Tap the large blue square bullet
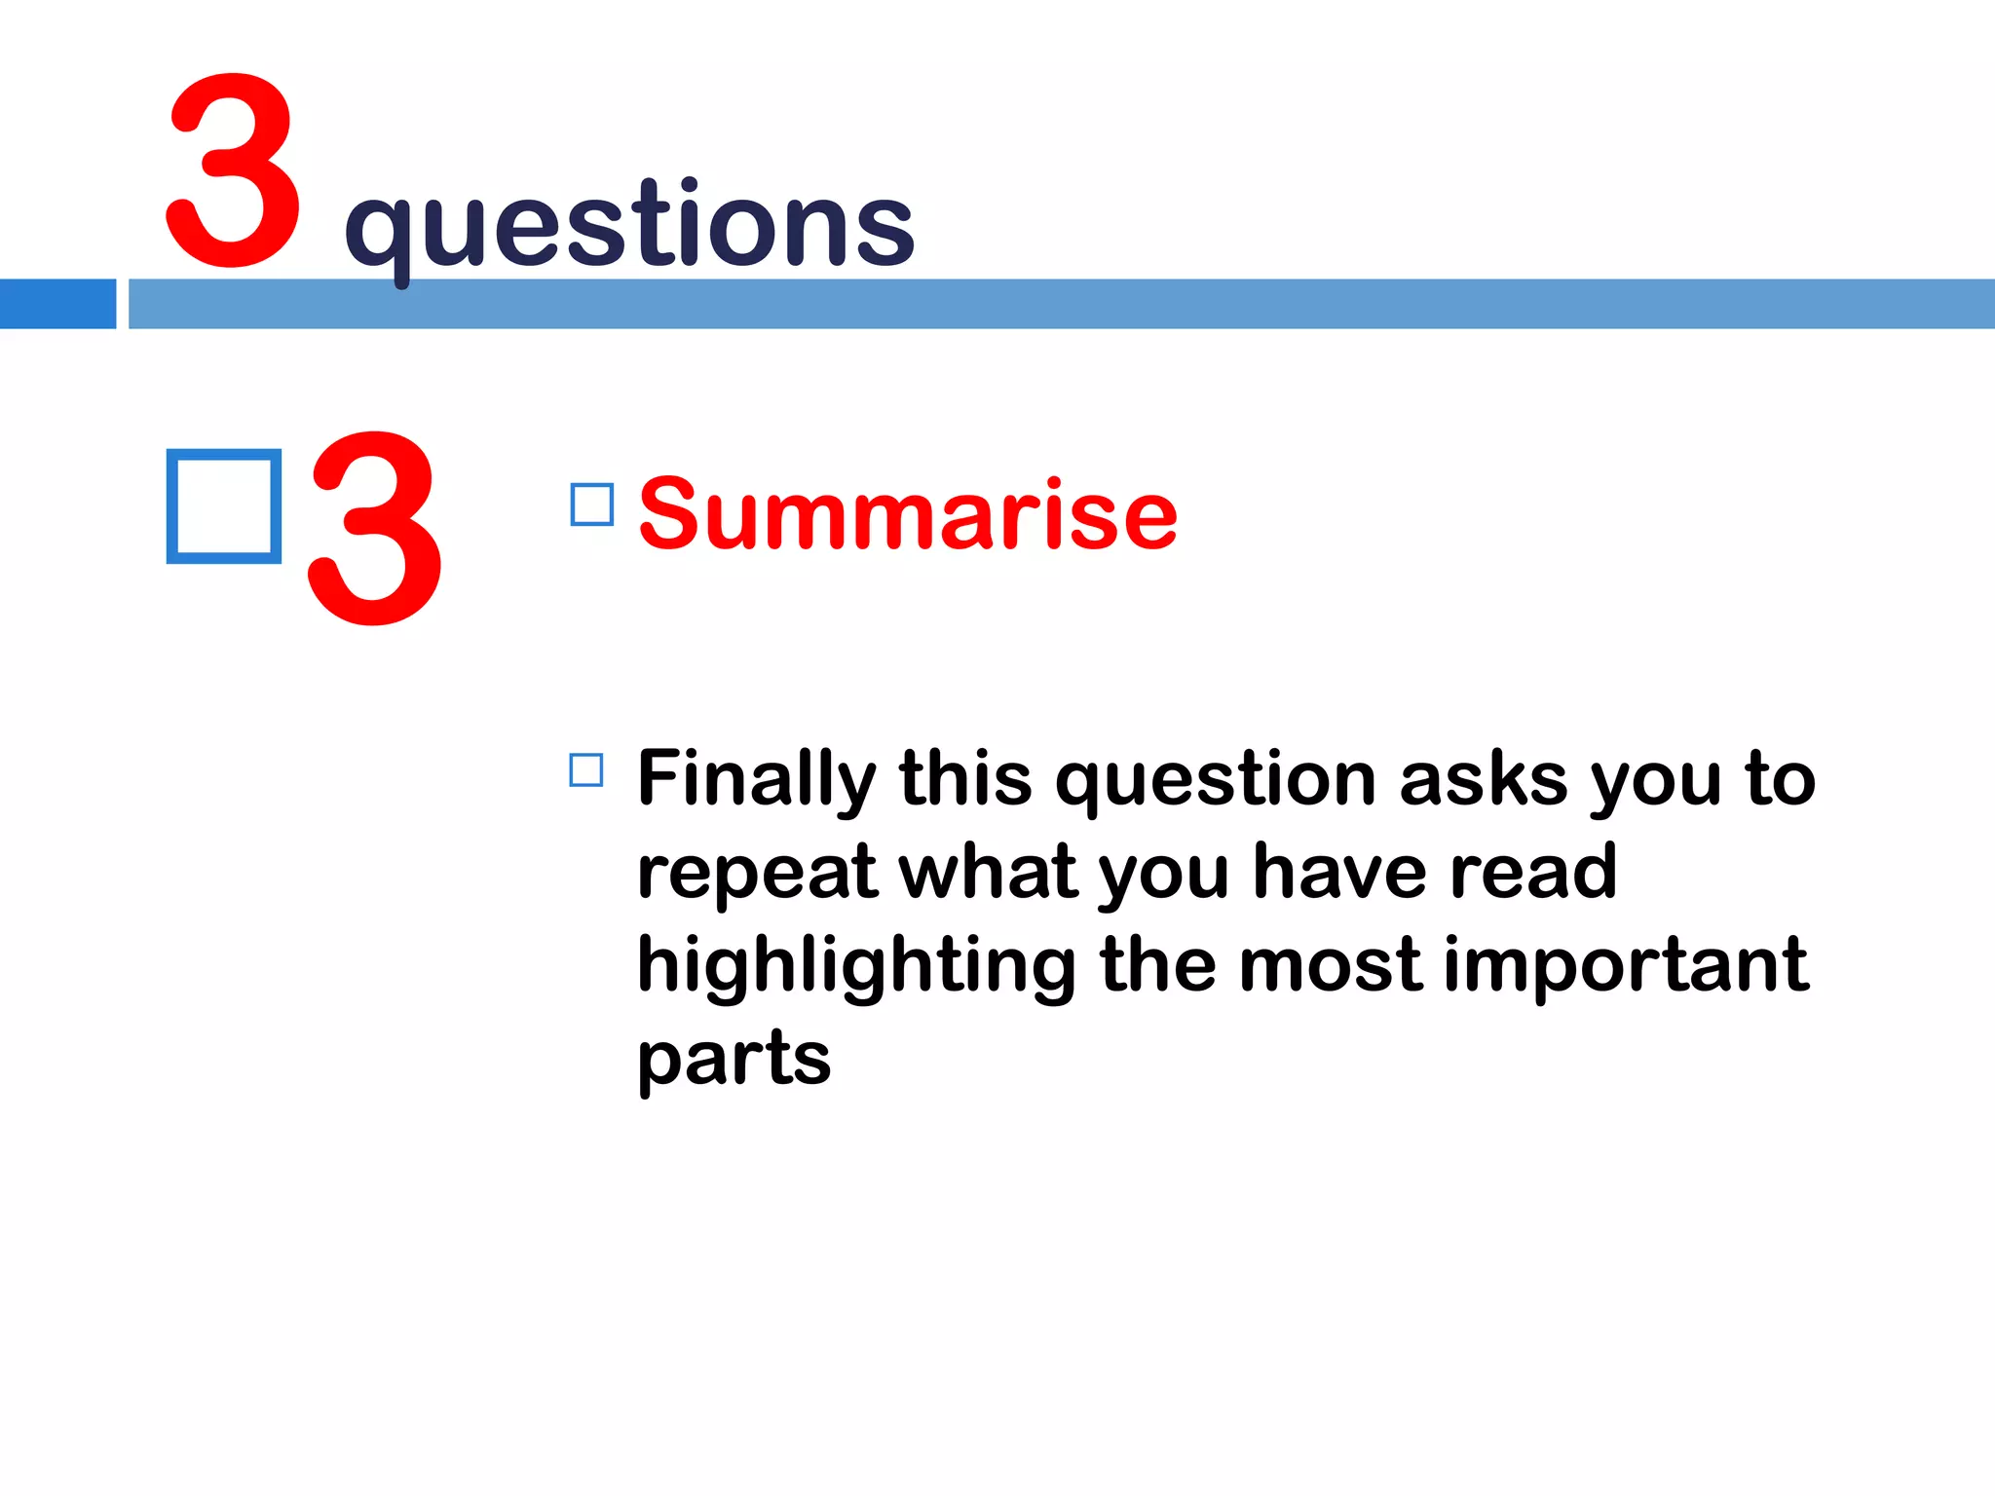point(224,506)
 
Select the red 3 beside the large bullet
point(375,528)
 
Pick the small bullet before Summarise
point(591,505)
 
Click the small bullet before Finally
point(586,769)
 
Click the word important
point(1626,965)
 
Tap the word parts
point(734,1060)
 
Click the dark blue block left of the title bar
point(57,304)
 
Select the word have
point(1340,871)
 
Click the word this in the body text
point(965,779)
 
